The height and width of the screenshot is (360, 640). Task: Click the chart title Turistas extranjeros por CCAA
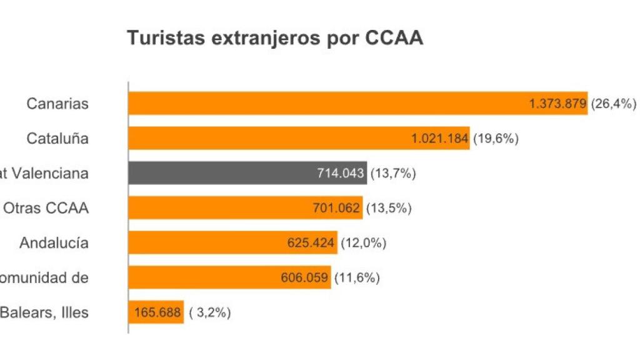pyautogui.click(x=275, y=38)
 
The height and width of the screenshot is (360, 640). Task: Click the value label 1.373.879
pyautogui.click(x=557, y=104)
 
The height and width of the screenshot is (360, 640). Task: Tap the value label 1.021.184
pyautogui.click(x=439, y=139)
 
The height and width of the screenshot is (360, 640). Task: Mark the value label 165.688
pyautogui.click(x=156, y=312)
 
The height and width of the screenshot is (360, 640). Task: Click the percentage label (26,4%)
pyautogui.click(x=614, y=104)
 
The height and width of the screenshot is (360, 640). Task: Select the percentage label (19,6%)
pyautogui.click(x=496, y=139)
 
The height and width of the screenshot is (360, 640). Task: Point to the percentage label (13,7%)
pyautogui.click(x=393, y=174)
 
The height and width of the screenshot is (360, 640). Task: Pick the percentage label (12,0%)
pyautogui.click(x=363, y=243)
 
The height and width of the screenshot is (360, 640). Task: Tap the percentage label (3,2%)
pyautogui.click(x=210, y=312)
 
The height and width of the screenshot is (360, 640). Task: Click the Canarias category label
pyautogui.click(x=57, y=104)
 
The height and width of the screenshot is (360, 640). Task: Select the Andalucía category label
pyautogui.click(x=54, y=243)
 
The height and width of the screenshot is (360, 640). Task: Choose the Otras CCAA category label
pyautogui.click(x=46, y=208)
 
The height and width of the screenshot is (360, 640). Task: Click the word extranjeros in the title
pyautogui.click(x=265, y=39)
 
